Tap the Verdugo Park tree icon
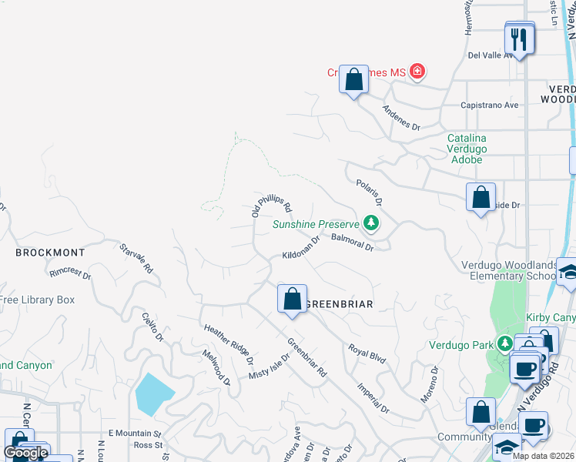pos(504,343)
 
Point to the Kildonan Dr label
pos(301,249)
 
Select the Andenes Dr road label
pos(402,116)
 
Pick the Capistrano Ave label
pos(489,106)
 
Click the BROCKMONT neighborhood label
pos(49,252)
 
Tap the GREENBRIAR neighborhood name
pos(339,304)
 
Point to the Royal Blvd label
pos(367,353)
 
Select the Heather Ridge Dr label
pos(229,343)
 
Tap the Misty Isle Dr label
pos(269,365)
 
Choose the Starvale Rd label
pos(136,259)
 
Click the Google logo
pos(26,453)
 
